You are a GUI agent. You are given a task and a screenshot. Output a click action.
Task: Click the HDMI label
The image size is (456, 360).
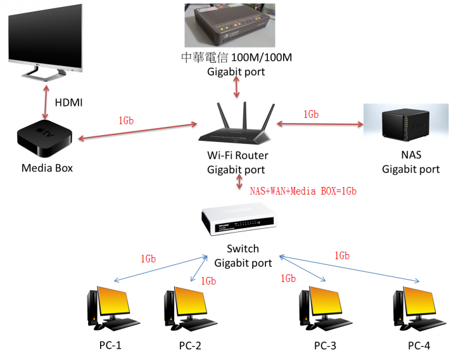[68, 102]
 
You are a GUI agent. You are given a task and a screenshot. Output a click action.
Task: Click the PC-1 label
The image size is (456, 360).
[110, 345]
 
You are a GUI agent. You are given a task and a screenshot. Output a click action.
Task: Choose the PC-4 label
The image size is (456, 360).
[419, 345]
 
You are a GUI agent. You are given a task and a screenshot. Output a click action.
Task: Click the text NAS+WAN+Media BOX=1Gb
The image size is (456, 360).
[303, 190]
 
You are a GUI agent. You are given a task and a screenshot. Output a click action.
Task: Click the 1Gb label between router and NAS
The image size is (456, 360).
[310, 114]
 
